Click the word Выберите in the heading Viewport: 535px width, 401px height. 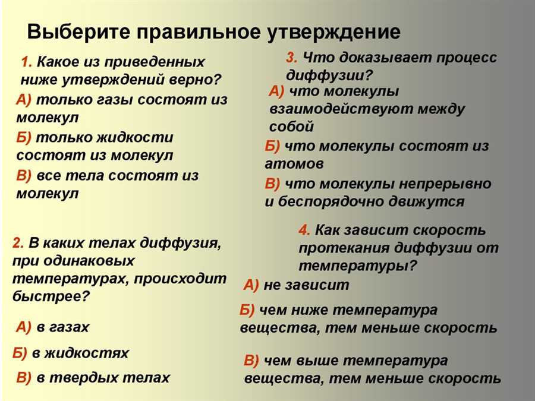pos(78,31)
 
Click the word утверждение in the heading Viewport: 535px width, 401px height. pos(333,33)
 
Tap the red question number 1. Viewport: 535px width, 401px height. pos(26,62)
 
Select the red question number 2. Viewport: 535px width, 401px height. pos(18,243)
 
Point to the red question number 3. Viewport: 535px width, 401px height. pos(292,57)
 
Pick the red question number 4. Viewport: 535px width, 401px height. pos(304,230)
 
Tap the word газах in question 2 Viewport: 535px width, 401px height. pos(70,327)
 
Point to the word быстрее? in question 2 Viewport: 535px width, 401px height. pos(51,296)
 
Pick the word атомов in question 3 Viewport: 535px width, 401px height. pos(294,164)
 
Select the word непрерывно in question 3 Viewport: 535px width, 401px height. pos(445,184)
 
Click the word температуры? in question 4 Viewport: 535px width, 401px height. pos(358,266)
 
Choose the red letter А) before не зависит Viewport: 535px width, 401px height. pos(251,285)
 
